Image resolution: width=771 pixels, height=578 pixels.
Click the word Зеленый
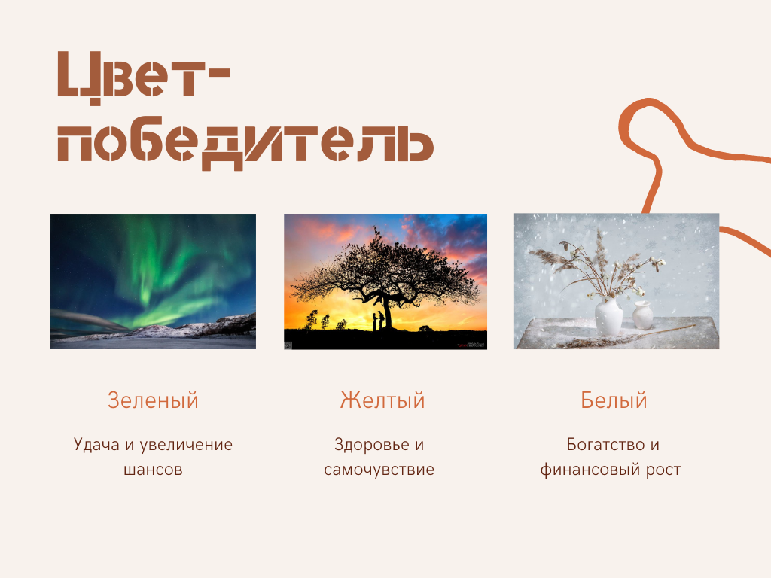[153, 400]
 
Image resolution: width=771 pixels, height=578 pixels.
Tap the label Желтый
[382, 400]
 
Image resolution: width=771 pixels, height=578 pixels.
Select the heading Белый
[614, 400]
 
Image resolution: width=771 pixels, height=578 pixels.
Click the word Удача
[96, 445]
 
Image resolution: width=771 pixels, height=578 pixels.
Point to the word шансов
[153, 470]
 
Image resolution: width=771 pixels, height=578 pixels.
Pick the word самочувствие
[379, 470]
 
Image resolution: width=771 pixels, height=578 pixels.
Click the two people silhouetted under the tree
[379, 321]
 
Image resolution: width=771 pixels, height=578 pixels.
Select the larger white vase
[608, 317]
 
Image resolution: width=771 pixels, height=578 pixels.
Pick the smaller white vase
[642, 315]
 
